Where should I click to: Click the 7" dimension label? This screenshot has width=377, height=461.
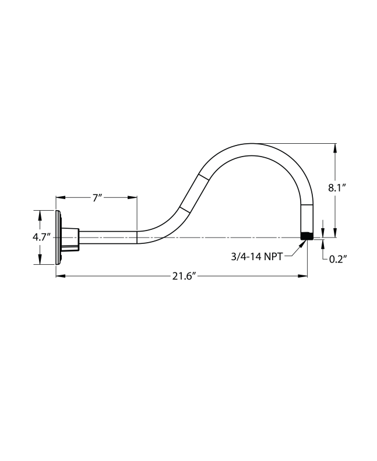[97, 198]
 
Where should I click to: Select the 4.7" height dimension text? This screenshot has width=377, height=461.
[41, 237]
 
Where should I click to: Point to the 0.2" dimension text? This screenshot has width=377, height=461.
[338, 260]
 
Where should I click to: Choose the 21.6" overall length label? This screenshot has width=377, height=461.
[182, 276]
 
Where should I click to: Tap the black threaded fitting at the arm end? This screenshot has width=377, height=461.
[306, 236]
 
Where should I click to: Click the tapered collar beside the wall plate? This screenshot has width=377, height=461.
[71, 237]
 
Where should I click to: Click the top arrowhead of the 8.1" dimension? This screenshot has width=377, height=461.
[334, 147]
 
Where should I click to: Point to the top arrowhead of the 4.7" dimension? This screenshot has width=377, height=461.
[40, 214]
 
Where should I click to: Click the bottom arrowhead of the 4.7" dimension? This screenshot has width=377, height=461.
[40, 261]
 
